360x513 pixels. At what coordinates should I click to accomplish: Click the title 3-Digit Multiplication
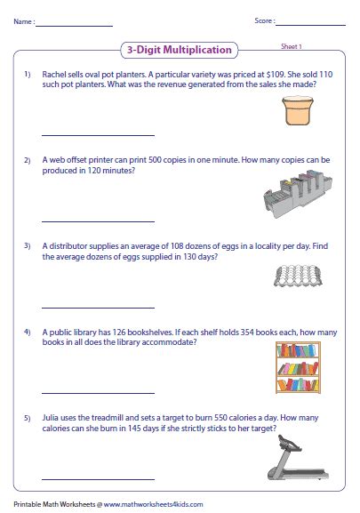click(180, 50)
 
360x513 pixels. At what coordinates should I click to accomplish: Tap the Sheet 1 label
click(291, 46)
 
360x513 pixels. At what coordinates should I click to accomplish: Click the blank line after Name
click(75, 26)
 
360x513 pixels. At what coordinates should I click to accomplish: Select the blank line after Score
click(310, 25)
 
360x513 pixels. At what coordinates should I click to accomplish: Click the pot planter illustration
click(298, 110)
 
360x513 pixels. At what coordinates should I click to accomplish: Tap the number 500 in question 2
click(155, 160)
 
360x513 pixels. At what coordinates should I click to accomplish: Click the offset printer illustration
click(298, 194)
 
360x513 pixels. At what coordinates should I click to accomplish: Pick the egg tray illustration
click(298, 276)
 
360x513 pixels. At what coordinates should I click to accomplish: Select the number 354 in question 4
click(247, 333)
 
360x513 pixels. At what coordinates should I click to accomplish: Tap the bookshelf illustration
click(298, 367)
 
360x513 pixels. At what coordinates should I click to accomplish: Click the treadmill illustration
click(298, 457)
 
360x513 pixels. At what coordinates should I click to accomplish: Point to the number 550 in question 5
click(220, 418)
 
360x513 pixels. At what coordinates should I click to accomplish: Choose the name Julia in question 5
click(51, 418)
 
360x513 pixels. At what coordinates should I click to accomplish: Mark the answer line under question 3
click(98, 308)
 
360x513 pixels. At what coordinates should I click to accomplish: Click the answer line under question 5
click(98, 479)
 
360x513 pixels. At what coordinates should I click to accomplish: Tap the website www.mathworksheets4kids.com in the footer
click(154, 504)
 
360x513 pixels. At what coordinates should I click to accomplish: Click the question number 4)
click(28, 333)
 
